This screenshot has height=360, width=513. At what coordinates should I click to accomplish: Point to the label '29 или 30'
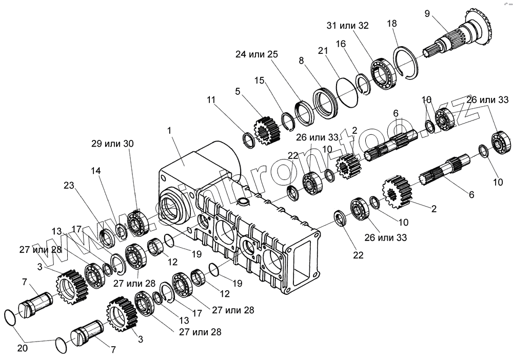[x=112, y=144]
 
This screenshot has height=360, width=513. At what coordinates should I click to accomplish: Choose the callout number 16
[x=341, y=45]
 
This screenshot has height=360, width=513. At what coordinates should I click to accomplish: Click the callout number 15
[x=260, y=81]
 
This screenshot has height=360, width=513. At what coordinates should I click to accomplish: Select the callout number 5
[x=238, y=91]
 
